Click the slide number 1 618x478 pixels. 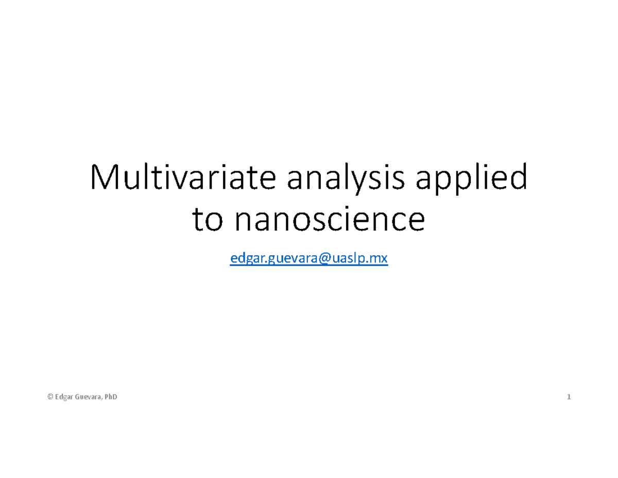569,397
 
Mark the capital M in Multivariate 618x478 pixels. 102,178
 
